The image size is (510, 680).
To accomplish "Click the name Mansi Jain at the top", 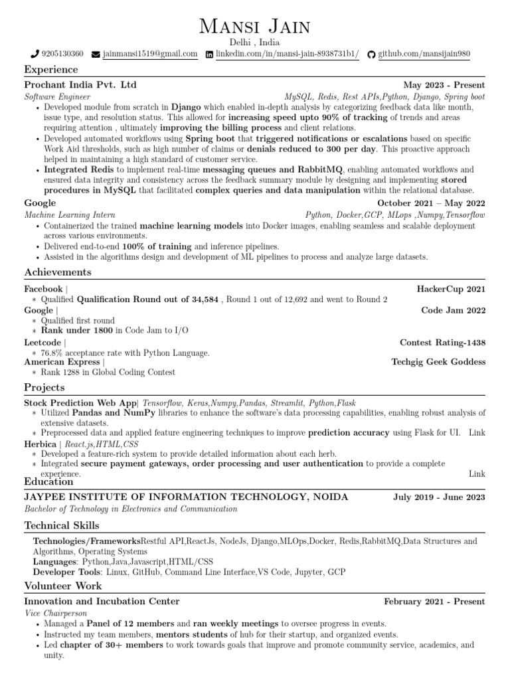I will pyautogui.click(x=255, y=27).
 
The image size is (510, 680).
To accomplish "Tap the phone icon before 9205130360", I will pyautogui.click(x=35, y=54).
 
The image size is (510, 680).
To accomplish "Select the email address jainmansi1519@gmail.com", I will pyautogui.click(x=149, y=54).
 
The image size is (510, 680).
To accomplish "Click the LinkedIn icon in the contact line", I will pyautogui.click(x=210, y=54).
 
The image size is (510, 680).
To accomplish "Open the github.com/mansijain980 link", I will pyautogui.click(x=424, y=54).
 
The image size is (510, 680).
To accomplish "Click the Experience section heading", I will pyautogui.click(x=51, y=70).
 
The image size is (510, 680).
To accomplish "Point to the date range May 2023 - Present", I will pyautogui.click(x=444, y=86).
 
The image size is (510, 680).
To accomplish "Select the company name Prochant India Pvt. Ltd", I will pyautogui.click(x=80, y=86).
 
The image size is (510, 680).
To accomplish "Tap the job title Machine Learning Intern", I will pyautogui.click(x=70, y=215).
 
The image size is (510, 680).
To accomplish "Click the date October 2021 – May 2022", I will pyautogui.click(x=431, y=203).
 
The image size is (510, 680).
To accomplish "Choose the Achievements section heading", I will pyautogui.click(x=58, y=272).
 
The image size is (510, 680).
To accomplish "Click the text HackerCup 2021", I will pyautogui.click(x=451, y=289).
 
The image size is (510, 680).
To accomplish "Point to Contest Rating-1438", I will pyautogui.click(x=442, y=343).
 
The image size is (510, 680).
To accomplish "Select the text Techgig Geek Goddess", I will pyautogui.click(x=438, y=362).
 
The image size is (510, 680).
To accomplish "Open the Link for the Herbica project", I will pyautogui.click(x=477, y=473).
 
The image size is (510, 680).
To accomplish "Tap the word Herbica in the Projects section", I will pyautogui.click(x=40, y=443).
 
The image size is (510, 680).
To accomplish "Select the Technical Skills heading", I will pyautogui.click(x=62, y=525).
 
